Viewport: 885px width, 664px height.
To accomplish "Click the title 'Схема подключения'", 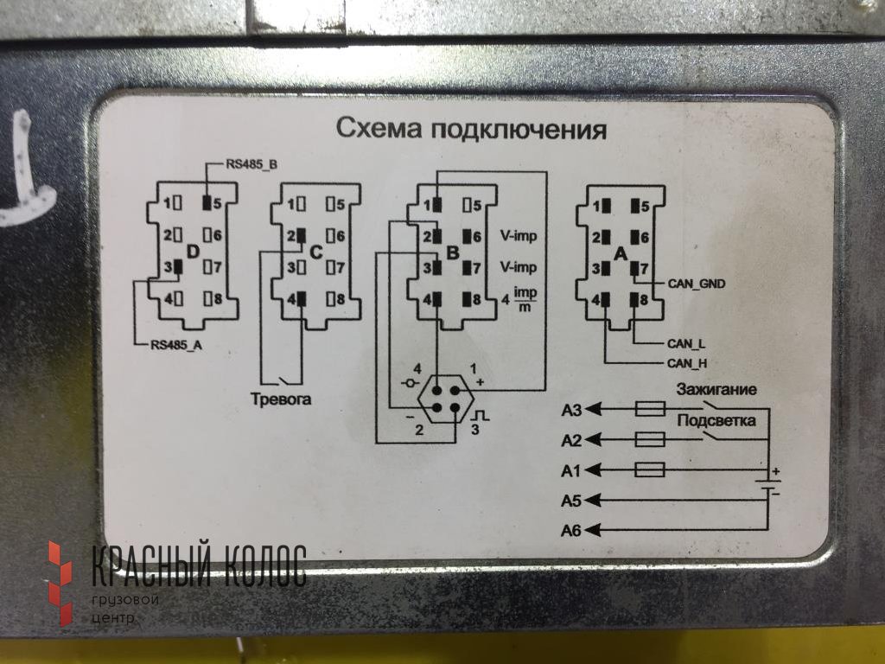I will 471,130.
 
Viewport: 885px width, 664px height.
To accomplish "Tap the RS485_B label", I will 251,163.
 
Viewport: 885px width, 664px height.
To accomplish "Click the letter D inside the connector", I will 193,252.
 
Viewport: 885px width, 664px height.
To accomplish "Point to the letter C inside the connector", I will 315,252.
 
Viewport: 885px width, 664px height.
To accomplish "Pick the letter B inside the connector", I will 452,252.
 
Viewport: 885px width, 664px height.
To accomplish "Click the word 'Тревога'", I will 281,399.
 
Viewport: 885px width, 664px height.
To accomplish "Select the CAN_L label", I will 686,343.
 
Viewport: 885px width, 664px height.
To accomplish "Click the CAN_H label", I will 687,363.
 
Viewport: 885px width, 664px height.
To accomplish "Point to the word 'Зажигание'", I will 717,389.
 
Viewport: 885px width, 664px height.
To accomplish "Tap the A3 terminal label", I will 571,410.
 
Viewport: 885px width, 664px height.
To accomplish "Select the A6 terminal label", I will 571,529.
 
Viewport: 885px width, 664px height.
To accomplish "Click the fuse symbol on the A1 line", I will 650,469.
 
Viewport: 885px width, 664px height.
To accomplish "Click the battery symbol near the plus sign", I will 767,482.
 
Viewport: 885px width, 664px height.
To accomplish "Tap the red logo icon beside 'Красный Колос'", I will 60,581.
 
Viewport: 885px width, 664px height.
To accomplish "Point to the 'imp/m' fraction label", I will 525,300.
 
